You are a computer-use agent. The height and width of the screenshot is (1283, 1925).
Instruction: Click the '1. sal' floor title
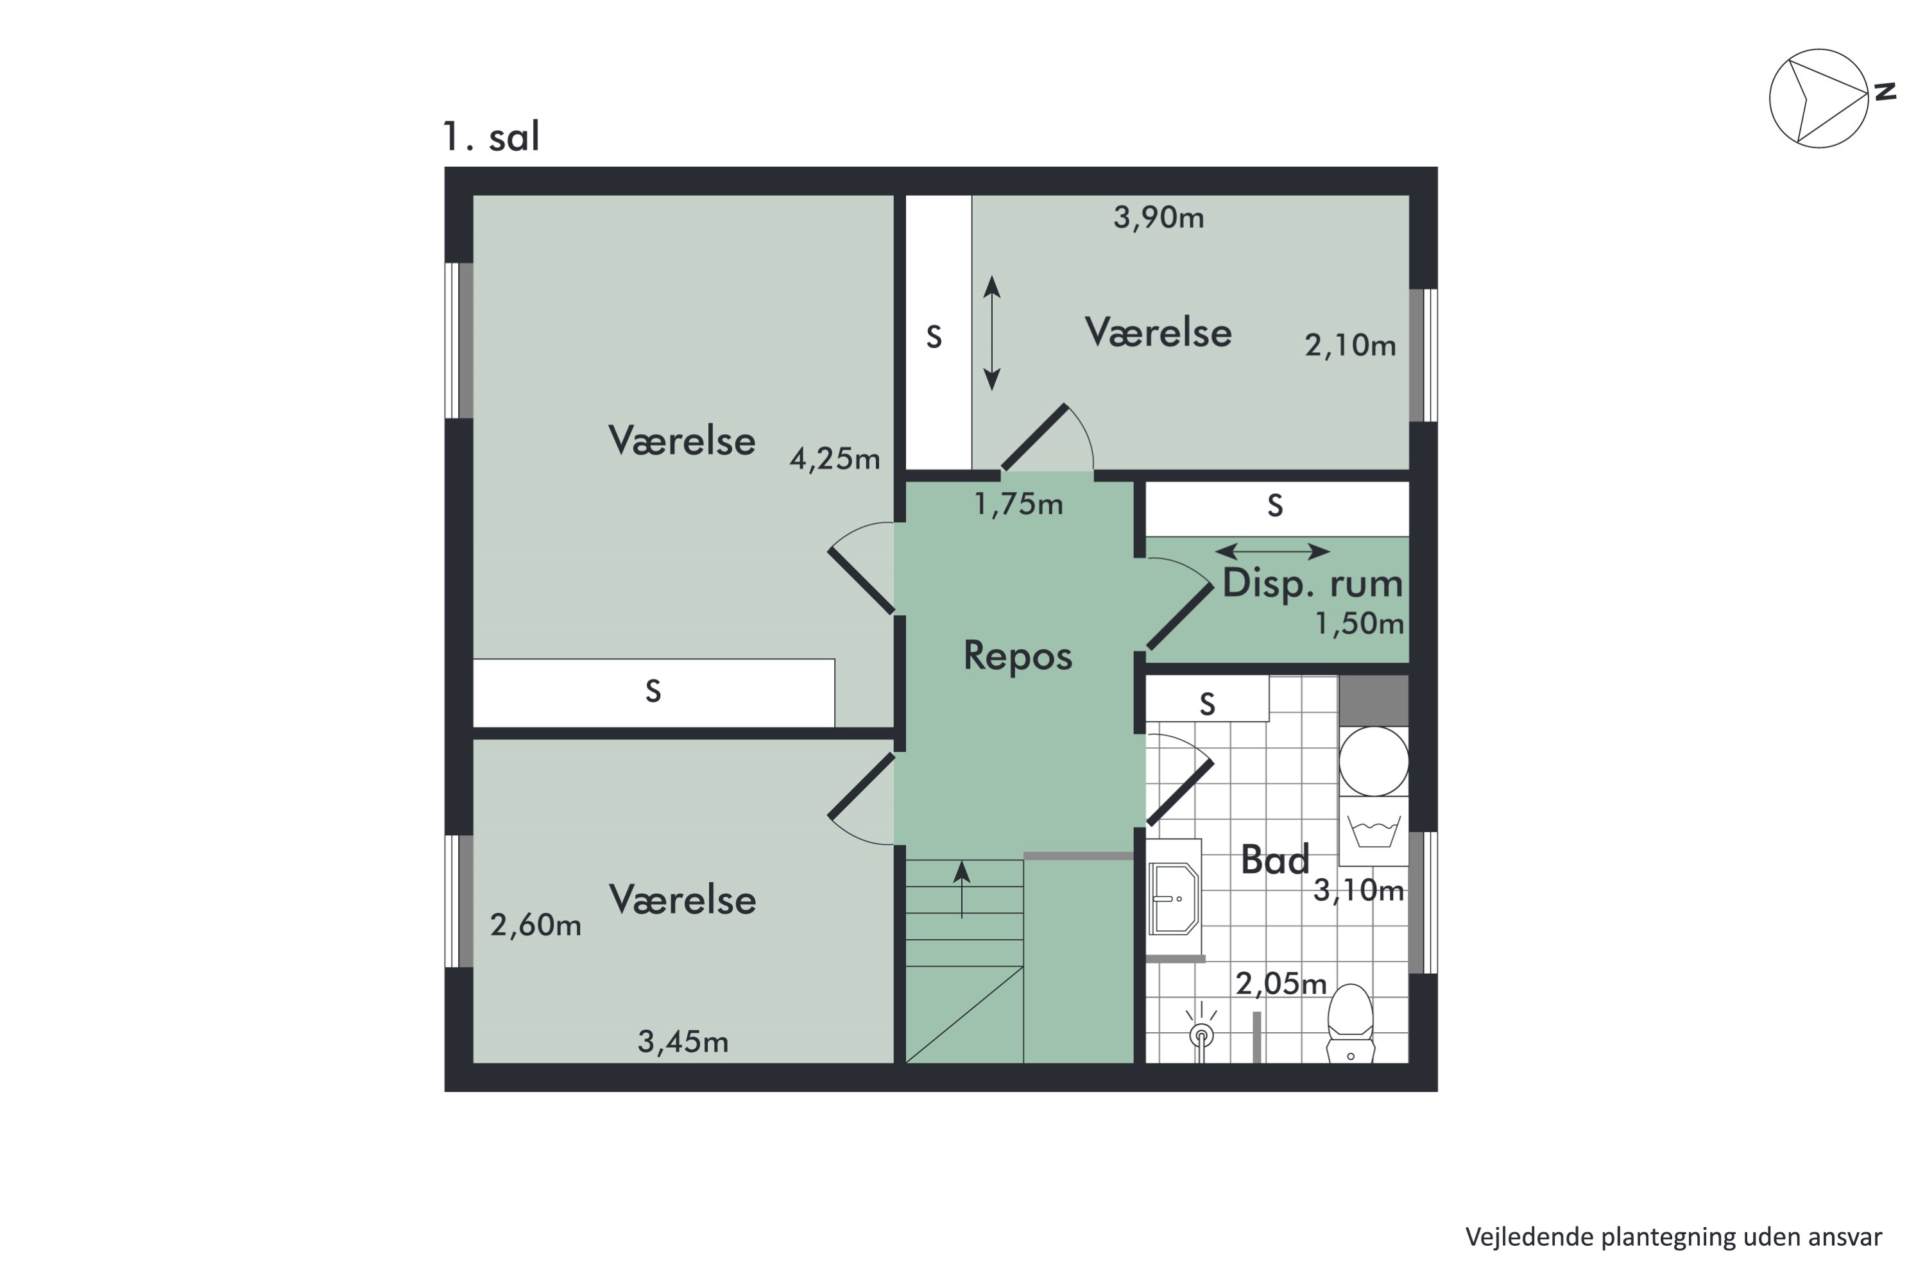pos(491,137)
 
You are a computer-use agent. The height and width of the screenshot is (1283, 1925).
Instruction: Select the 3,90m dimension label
pos(1158,217)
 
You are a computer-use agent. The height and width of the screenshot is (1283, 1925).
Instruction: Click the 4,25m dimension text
pos(835,459)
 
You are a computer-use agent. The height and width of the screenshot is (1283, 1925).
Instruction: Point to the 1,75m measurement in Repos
pos(1018,504)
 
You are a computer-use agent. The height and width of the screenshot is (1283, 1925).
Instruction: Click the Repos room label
pos(1017,656)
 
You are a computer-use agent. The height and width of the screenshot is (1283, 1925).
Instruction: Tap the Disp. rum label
pos(1312,582)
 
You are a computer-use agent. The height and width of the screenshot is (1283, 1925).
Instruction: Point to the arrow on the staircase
pos(962,888)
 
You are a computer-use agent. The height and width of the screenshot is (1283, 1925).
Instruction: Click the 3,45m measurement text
pos(683,1042)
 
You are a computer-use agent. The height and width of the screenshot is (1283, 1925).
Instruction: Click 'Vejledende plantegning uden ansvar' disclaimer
pos(1673,1236)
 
